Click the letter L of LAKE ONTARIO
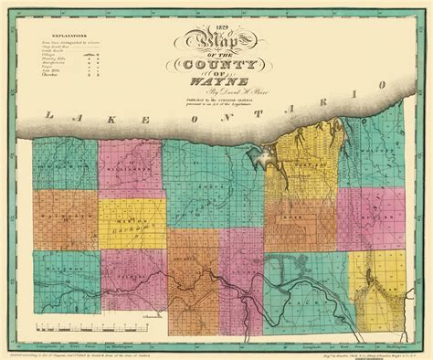point(42,118)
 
